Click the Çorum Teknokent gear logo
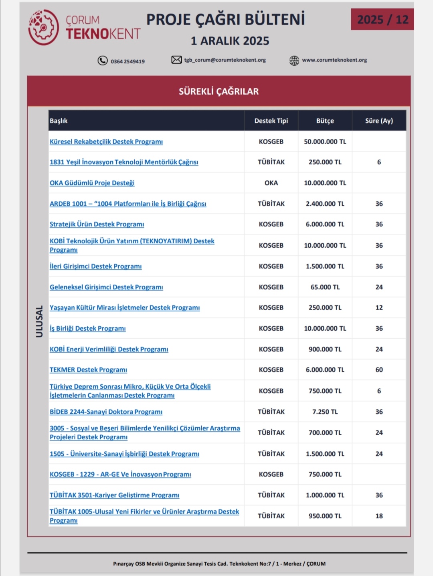(x=43, y=27)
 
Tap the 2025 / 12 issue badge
(x=382, y=19)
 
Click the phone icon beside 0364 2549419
(x=103, y=61)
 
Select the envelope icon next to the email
(x=176, y=60)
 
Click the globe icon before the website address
(x=294, y=61)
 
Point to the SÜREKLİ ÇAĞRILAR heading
(x=219, y=91)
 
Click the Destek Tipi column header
(x=271, y=121)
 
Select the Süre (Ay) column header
(x=379, y=121)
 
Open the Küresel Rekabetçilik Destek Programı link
(x=106, y=141)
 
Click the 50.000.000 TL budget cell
(x=325, y=141)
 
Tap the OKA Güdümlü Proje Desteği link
(x=92, y=183)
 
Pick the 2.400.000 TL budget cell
(x=325, y=204)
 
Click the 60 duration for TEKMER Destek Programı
(x=379, y=370)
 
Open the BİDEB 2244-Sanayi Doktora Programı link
(x=106, y=412)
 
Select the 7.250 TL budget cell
(x=325, y=412)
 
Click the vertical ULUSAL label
(x=39, y=321)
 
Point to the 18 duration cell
(x=379, y=516)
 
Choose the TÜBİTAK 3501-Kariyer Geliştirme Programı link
(x=114, y=495)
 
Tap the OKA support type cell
(x=271, y=183)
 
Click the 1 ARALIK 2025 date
(x=230, y=41)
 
